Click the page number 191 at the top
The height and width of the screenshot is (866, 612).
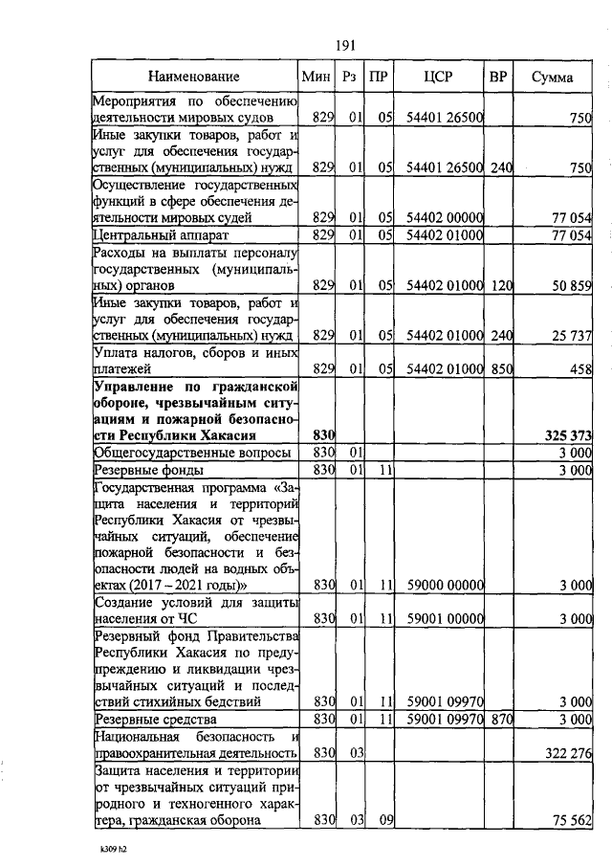pos(344,42)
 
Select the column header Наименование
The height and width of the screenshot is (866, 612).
pos(194,77)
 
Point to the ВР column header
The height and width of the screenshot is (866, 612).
pos(497,77)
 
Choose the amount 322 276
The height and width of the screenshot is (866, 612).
pos(568,754)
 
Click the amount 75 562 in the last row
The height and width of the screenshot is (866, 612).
pos(572,820)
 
